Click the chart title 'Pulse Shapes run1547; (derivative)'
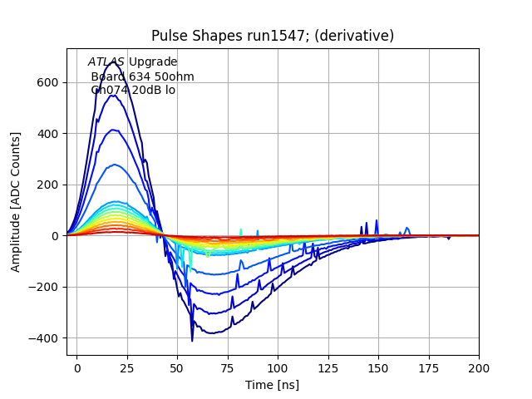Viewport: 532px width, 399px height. pos(273,36)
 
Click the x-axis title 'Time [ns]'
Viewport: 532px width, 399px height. pos(273,385)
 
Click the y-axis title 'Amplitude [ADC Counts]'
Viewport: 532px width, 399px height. pos(16,202)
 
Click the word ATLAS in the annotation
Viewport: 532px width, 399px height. pos(106,62)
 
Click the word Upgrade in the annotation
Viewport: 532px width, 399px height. pos(153,62)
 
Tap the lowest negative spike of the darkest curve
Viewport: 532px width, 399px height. pos(192,340)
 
